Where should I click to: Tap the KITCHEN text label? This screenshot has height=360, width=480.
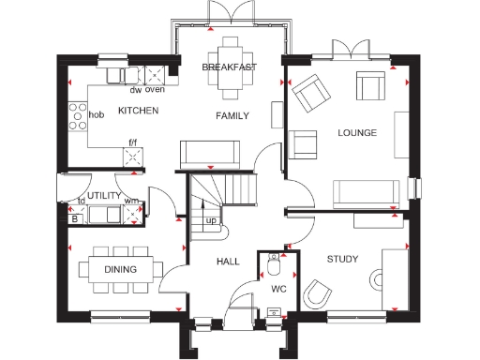138,112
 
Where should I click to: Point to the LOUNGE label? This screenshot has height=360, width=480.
356,133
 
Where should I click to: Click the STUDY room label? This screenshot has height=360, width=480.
342,259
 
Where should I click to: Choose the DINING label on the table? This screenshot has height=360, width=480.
120,270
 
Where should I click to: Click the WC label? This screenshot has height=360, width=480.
278,289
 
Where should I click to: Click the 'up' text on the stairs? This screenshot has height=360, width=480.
211,220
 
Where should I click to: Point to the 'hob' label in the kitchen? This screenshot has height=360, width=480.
96,116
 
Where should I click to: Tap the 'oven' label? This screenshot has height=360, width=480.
155,91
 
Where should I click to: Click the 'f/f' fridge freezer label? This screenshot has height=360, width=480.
133,143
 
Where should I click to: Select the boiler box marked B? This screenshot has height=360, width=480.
75,218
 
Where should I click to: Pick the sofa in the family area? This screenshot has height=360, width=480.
205,152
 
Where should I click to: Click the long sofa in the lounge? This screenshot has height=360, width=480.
366,193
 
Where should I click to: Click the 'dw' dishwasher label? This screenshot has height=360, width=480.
136,91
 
